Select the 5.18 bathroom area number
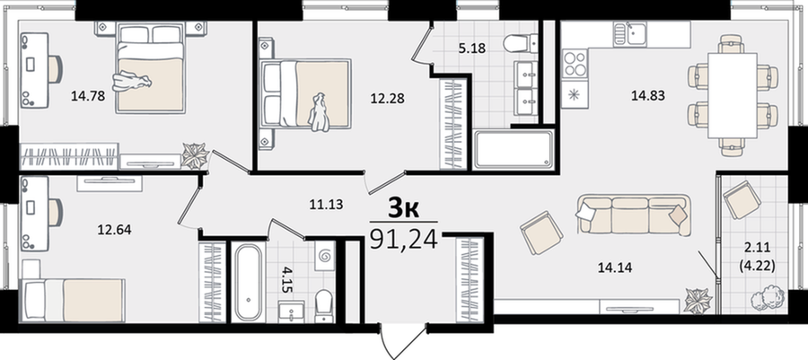pos(472,48)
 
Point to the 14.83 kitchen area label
pos(647,95)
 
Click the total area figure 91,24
pos(403,239)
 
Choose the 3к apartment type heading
pos(403,208)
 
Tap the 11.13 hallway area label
pos(326,205)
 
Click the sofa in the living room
pos(633,215)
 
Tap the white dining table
pos(733,95)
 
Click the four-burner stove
pos(575,64)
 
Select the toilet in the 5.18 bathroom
pos(521,44)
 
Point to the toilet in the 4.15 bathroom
pos(323,303)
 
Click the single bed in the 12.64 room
pos(72,301)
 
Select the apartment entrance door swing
pos(403,342)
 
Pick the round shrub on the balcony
pos(765,299)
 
